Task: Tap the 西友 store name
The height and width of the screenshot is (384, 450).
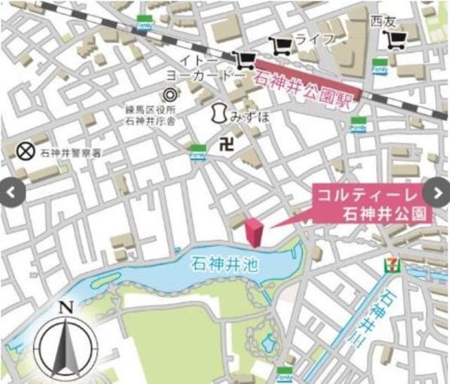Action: [385, 20]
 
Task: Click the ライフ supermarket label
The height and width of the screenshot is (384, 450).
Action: [314, 39]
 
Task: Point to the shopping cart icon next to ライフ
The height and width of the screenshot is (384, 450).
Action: [282, 46]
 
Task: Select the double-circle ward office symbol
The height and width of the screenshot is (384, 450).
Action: [169, 94]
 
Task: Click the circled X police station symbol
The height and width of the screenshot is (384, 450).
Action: [26, 151]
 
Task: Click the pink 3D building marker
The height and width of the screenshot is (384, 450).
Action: [253, 232]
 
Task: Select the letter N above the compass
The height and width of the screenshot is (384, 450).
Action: [65, 307]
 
